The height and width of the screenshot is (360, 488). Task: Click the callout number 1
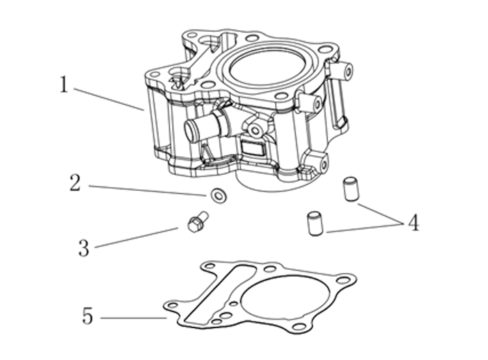tap(63, 85)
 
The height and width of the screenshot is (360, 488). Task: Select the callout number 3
tap(84, 248)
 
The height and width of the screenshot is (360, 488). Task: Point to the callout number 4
tap(413, 223)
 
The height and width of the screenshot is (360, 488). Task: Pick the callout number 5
tap(87, 316)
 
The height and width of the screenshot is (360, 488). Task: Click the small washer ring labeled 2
tap(218, 196)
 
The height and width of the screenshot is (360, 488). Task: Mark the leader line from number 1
tap(108, 98)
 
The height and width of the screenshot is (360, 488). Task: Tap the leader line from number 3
tap(136, 237)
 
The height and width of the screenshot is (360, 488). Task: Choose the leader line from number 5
tap(132, 318)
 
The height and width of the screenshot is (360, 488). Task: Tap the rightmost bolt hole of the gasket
tap(342, 280)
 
